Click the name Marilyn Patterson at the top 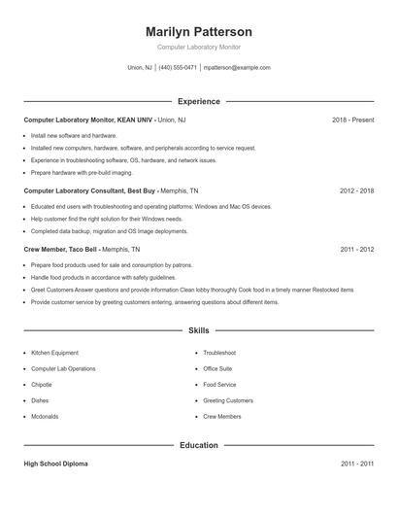click(x=198, y=32)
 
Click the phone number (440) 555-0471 click(x=178, y=68)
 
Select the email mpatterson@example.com click(x=237, y=68)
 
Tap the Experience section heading click(x=198, y=101)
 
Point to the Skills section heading click(x=198, y=331)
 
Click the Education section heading click(x=198, y=446)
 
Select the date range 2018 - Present click(x=352, y=120)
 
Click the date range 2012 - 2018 click(x=356, y=191)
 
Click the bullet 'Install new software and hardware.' click(x=74, y=136)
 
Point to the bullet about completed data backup click(x=109, y=231)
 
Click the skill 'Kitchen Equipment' click(x=55, y=353)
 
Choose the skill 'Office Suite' click(x=217, y=369)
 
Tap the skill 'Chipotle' click(x=44, y=385)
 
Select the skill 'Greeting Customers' click(x=228, y=400)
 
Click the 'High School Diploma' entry click(x=55, y=464)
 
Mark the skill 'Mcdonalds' click(x=45, y=416)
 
